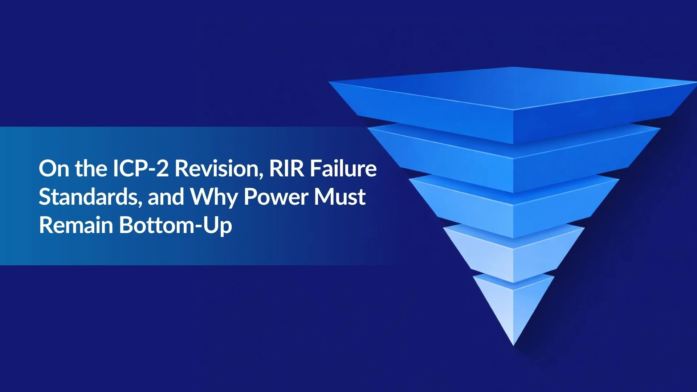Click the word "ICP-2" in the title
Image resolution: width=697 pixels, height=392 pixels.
pos(141,168)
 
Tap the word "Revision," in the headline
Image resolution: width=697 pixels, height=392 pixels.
pos(219,169)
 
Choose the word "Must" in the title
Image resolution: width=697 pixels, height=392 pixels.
pos(340,197)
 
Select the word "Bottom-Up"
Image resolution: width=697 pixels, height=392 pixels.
pos(176,226)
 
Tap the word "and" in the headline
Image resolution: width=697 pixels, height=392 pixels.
pos(166,197)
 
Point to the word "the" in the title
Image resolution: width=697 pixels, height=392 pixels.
pos(91,168)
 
